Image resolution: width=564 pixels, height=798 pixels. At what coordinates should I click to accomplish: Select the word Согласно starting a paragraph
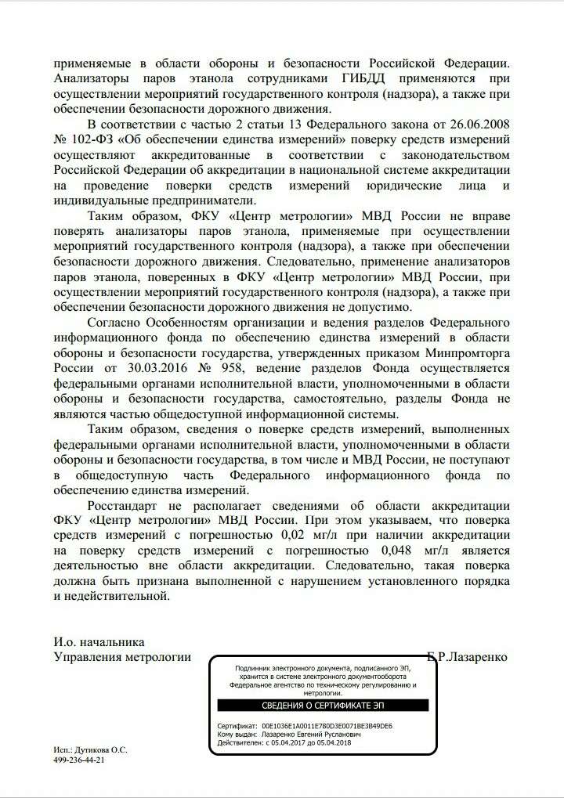[x=115, y=323]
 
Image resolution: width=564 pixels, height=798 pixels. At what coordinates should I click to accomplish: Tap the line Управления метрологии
[x=122, y=657]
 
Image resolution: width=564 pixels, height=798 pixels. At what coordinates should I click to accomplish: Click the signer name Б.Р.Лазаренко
[x=468, y=657]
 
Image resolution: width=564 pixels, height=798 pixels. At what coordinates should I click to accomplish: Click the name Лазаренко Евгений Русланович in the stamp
[x=311, y=735]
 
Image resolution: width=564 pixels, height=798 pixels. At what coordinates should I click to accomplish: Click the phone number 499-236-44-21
[x=79, y=760]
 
